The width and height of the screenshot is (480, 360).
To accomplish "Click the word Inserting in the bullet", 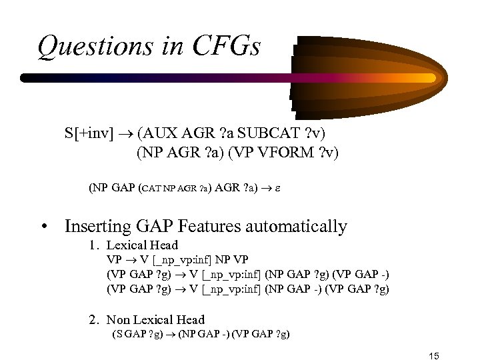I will point(94,227).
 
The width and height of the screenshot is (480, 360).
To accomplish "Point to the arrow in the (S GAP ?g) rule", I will point(171,333).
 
